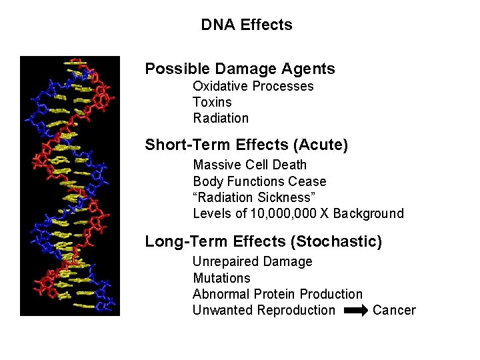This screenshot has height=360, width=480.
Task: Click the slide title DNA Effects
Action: click(247, 25)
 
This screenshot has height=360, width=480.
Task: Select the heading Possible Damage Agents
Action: click(240, 69)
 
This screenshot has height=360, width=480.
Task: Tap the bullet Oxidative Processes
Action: click(253, 86)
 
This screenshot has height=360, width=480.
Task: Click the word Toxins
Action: click(212, 102)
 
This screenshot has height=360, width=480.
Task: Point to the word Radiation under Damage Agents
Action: click(221, 118)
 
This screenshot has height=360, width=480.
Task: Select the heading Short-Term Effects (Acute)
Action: click(247, 145)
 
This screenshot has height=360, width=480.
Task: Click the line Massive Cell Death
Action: click(250, 165)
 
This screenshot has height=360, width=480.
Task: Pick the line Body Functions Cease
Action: click(259, 181)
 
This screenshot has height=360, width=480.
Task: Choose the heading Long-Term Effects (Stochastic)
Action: click(263, 241)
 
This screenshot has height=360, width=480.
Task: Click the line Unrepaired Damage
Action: click(252, 261)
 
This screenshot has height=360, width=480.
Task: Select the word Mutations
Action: click(221, 278)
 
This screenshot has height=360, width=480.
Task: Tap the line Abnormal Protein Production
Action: click(277, 294)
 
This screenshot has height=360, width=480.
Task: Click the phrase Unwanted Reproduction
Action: click(264, 310)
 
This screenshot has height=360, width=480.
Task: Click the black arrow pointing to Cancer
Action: click(355, 310)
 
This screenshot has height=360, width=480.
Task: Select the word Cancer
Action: click(394, 310)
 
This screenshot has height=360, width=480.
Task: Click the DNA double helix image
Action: click(70, 185)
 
